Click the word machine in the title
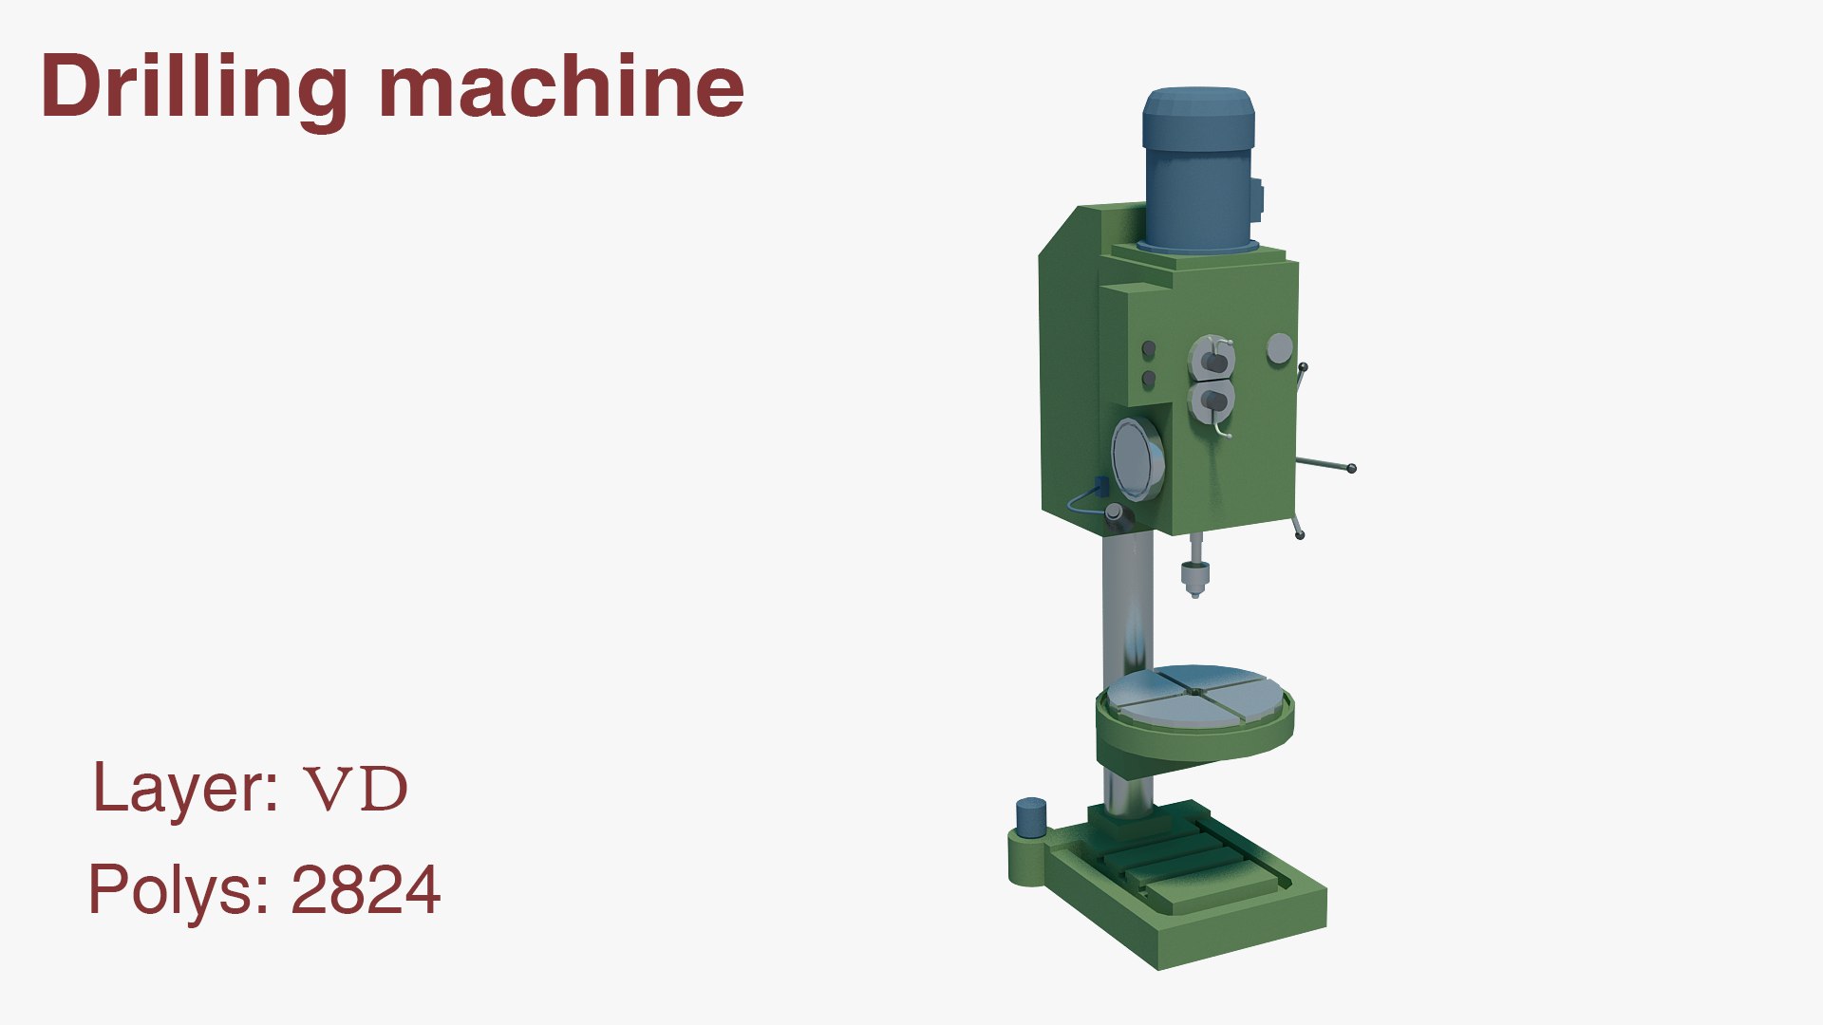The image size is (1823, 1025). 560,87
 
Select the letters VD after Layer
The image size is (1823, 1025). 355,789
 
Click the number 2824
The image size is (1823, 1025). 366,890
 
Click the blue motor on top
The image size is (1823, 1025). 1199,171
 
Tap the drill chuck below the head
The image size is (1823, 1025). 1194,575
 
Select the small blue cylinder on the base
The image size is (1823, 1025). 1031,816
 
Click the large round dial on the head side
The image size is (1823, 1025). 1137,459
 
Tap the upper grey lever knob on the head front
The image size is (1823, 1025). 1212,361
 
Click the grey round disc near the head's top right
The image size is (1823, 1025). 1279,348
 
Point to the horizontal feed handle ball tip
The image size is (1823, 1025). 1351,468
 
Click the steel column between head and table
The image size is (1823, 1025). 1127,607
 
